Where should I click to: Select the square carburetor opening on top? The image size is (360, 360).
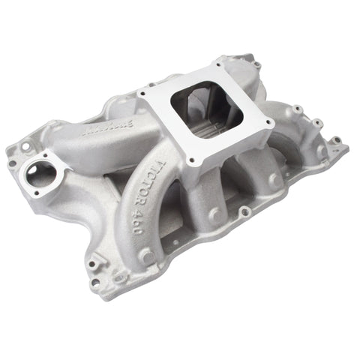point(205,112)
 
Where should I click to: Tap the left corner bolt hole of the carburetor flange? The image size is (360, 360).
point(142,94)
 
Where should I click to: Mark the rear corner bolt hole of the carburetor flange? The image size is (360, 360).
point(220,60)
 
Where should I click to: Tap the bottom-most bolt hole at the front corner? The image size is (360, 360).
point(94,283)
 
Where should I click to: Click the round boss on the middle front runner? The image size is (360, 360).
point(215,215)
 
